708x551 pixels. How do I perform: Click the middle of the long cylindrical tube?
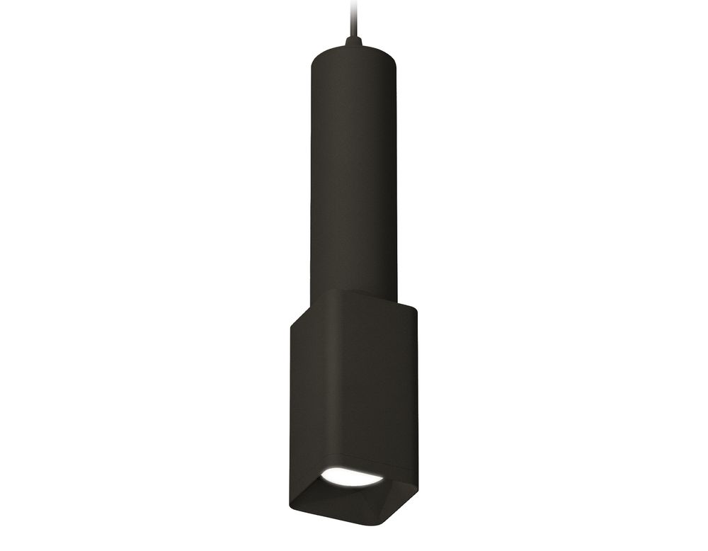tap(352, 170)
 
